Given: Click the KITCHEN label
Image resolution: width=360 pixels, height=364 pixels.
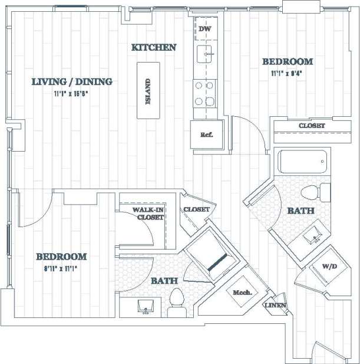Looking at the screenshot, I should [154, 47].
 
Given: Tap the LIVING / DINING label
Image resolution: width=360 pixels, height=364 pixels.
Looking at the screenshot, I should [72, 81].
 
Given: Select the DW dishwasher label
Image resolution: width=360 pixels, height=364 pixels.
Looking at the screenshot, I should [204, 29].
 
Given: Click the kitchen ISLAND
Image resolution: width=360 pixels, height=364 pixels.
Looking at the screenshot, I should [149, 92].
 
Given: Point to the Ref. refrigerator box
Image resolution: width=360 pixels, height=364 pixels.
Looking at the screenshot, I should [206, 135].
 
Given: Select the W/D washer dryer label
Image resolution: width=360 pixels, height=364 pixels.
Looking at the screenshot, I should [329, 266].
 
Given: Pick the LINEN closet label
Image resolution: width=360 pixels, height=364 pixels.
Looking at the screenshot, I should [275, 305].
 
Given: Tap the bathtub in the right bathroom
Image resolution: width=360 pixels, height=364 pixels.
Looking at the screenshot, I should [303, 162].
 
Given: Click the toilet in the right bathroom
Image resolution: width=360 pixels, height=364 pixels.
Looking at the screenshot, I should [315, 192].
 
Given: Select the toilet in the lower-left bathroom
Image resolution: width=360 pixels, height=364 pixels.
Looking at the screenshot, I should [176, 301].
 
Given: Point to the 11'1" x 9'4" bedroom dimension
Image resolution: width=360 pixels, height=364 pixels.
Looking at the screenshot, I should [287, 74].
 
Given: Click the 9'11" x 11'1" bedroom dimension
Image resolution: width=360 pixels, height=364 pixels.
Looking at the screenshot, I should [61, 268].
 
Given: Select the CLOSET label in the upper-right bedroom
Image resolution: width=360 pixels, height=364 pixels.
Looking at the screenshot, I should [312, 126].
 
